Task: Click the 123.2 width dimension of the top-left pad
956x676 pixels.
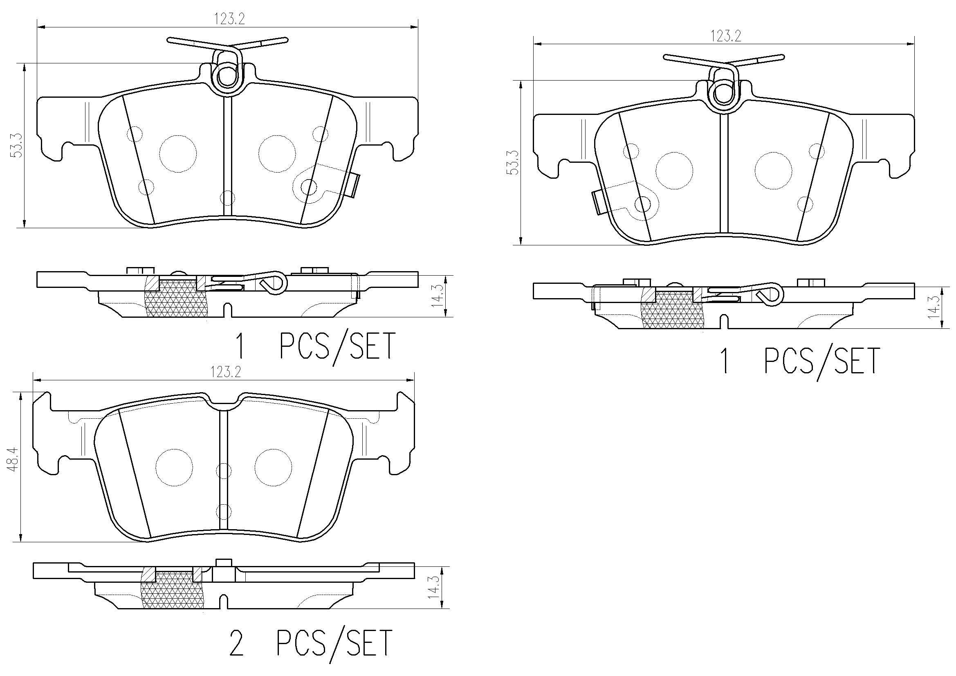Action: (229, 19)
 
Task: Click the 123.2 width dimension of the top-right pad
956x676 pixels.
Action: (725, 36)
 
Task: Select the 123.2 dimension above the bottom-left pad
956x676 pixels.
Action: (226, 372)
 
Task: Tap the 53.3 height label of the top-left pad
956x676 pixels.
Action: (17, 145)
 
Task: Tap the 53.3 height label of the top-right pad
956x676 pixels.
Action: (514, 162)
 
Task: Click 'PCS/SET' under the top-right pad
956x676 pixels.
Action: (821, 361)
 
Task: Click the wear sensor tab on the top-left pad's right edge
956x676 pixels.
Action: (355, 185)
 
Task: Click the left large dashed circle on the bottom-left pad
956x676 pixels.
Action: (174, 467)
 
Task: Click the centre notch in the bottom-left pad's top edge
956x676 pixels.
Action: (224, 400)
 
